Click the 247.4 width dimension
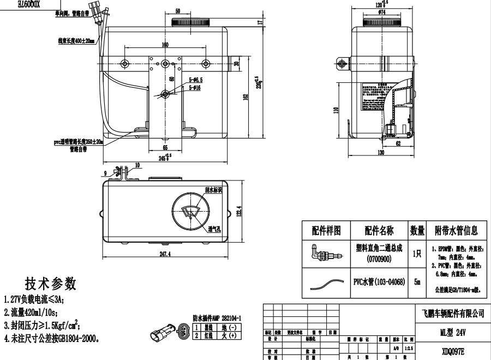165,254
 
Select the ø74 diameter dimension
381,11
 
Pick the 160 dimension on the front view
164,44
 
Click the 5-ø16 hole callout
195,87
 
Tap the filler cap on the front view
187,22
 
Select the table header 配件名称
380,230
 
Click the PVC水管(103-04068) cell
380,282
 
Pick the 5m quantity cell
417,282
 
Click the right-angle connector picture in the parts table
321,254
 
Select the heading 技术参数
50,284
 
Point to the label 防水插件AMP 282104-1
217,317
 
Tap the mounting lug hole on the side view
343,64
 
